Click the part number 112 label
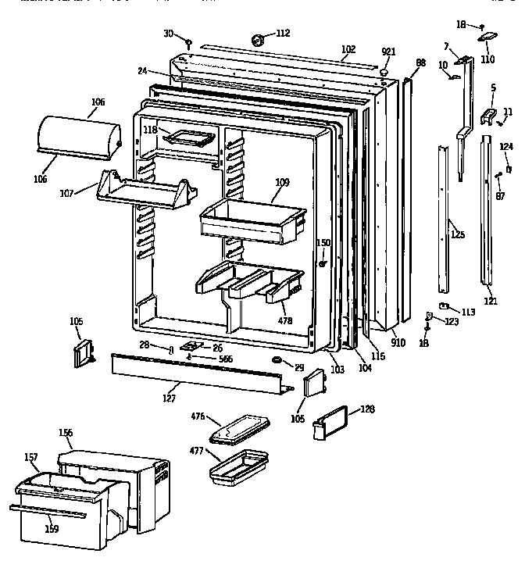(x=283, y=33)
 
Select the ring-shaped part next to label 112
(x=257, y=38)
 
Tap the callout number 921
(x=388, y=52)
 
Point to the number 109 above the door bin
(x=282, y=182)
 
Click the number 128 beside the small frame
(x=367, y=409)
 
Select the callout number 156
(x=66, y=432)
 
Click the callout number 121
(x=490, y=301)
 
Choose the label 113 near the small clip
(x=467, y=313)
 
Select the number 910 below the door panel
(x=398, y=342)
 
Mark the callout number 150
(x=323, y=243)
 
